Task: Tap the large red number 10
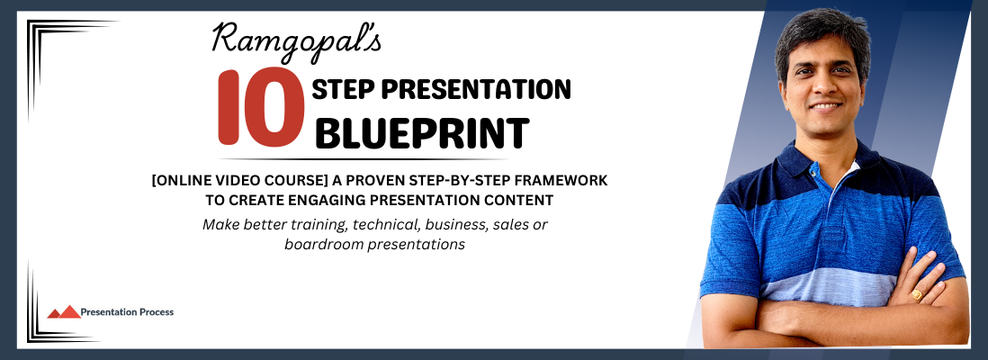261,107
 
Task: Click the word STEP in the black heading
342,90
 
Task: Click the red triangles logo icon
64,311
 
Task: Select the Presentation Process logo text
127,311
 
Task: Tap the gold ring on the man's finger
917,293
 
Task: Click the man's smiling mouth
827,107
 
